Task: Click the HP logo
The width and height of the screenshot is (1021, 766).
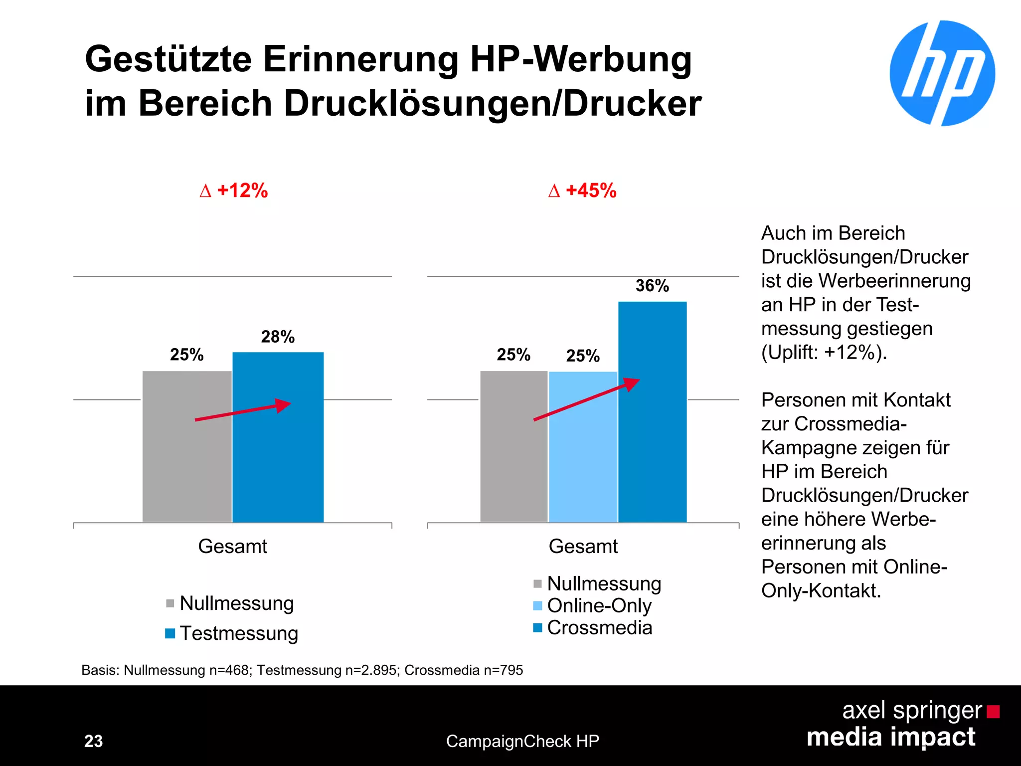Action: click(x=942, y=73)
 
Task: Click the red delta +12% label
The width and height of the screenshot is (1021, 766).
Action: click(x=234, y=191)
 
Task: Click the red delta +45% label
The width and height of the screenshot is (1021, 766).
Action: click(x=582, y=191)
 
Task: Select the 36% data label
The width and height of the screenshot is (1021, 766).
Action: click(x=652, y=286)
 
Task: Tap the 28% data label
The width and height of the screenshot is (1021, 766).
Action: click(x=278, y=337)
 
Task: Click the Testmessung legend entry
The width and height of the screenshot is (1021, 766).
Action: click(x=232, y=633)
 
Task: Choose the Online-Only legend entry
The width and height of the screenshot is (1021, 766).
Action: click(x=593, y=605)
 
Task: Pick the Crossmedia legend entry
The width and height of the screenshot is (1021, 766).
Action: click(x=593, y=627)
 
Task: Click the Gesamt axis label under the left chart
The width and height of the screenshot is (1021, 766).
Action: click(x=232, y=547)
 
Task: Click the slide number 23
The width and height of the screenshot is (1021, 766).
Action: click(x=93, y=741)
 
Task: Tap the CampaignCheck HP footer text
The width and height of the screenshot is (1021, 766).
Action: click(x=522, y=741)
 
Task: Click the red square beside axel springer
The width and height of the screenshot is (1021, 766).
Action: click(x=993, y=711)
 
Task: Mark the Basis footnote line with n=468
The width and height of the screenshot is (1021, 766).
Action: click(x=302, y=670)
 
